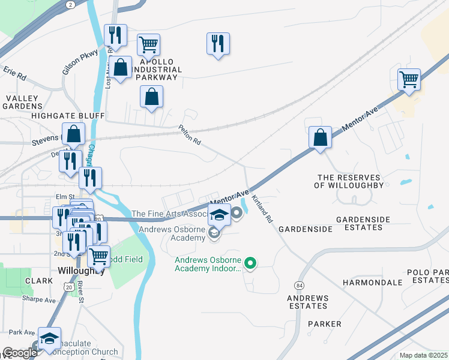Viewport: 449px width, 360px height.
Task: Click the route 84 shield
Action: pos(298,284)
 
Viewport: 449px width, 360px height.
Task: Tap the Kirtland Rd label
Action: pos(262,209)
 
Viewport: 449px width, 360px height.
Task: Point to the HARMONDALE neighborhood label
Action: pos(372,282)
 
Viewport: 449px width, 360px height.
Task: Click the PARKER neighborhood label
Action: pos(324,324)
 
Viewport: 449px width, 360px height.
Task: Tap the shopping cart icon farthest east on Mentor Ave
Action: pos(409,79)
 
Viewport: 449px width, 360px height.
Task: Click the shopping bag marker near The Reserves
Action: pos(321,137)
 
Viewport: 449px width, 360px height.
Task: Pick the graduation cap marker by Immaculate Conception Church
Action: pos(49,338)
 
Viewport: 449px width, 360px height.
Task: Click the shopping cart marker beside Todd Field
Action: pos(99,257)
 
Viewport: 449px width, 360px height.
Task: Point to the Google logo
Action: pos(19,353)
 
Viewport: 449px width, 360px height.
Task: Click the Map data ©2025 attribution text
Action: pos(423,355)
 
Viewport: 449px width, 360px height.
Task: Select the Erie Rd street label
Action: pos(15,74)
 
